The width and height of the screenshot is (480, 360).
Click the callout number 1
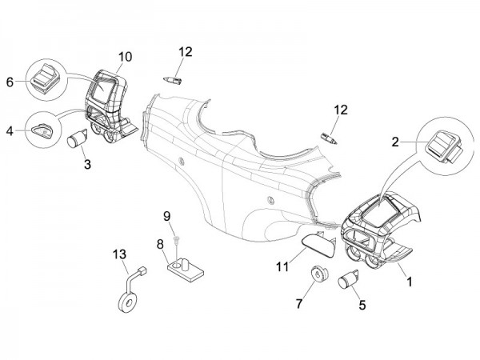point(411,282)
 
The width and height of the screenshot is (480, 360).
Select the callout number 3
point(87,164)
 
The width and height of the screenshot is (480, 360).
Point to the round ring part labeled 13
point(126,306)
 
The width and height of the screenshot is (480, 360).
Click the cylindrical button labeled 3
point(78,140)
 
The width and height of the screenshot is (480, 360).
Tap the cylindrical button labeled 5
point(349,281)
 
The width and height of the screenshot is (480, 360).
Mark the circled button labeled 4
point(44,128)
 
